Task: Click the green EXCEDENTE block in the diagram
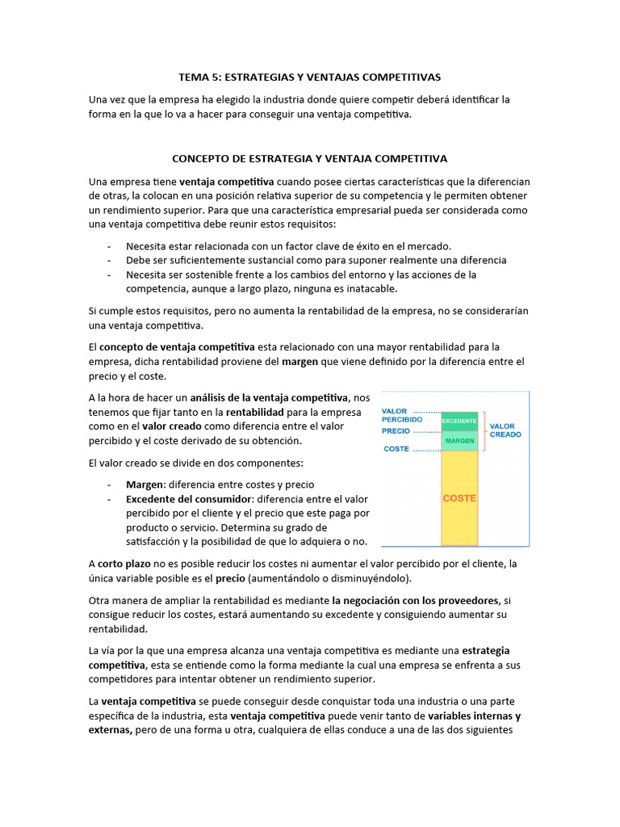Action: click(x=459, y=421)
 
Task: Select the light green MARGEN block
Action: click(x=459, y=441)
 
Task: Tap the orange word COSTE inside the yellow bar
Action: click(x=459, y=498)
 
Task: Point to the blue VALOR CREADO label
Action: click(x=505, y=430)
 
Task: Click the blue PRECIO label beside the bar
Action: click(x=396, y=430)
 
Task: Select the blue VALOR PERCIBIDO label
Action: click(x=401, y=415)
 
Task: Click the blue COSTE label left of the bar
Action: click(x=396, y=449)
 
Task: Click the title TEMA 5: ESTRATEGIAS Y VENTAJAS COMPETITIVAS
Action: click(x=309, y=78)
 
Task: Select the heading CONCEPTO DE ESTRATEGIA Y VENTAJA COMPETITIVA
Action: click(x=309, y=159)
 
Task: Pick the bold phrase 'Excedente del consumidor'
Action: click(x=189, y=499)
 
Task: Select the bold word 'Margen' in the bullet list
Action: click(x=145, y=485)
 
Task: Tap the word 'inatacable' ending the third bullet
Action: click(x=370, y=289)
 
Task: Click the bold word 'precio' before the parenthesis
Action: click(x=231, y=578)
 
